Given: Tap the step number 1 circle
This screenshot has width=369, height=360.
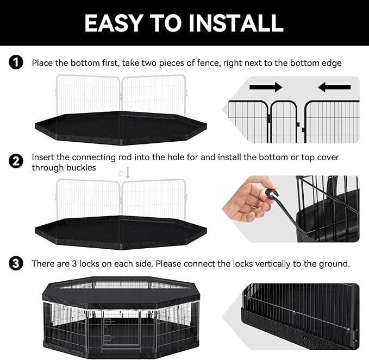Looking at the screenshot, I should (16, 63).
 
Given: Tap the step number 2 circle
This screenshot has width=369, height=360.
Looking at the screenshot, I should (16, 161).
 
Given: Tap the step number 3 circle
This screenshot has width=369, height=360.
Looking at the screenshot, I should (16, 264).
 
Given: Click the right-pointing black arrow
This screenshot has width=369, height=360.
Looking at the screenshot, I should (266, 87).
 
